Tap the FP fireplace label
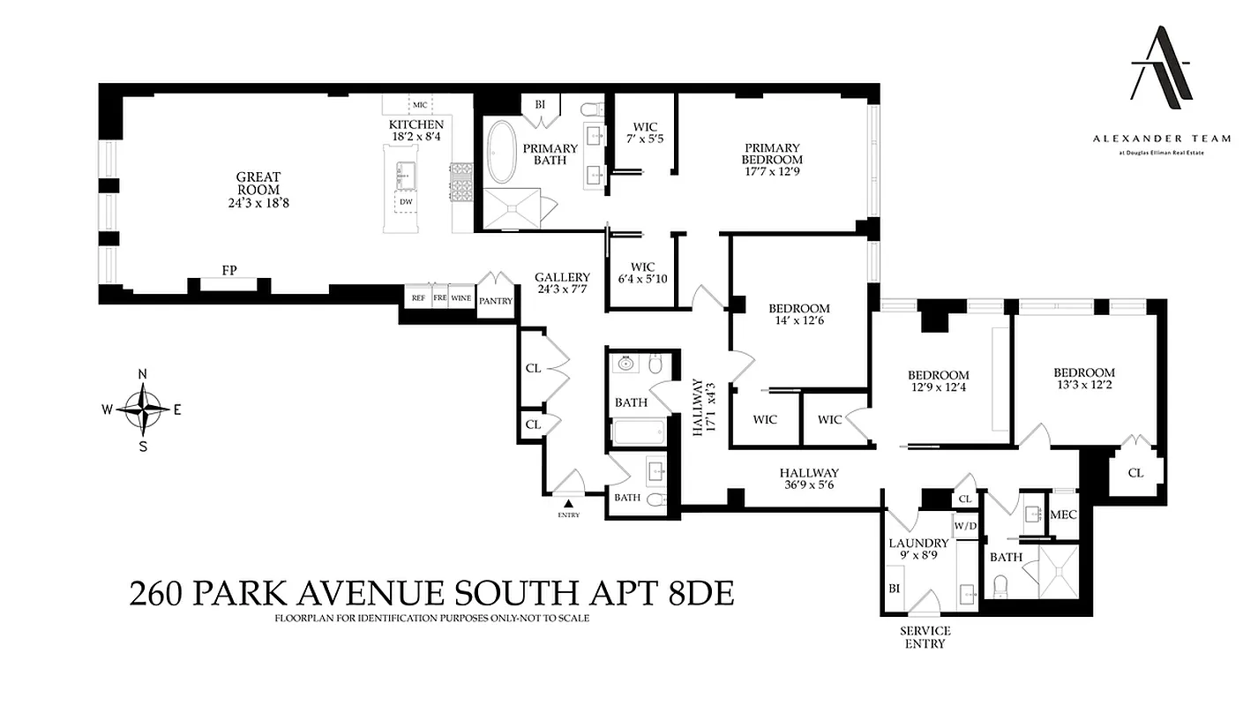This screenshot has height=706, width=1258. coord(229,270)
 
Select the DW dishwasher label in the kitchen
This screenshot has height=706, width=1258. coord(406,202)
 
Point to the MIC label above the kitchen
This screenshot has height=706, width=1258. coord(420,105)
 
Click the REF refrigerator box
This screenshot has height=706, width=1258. coord(418,298)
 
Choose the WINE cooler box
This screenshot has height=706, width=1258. coord(461,298)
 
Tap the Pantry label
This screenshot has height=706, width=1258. coord(495,301)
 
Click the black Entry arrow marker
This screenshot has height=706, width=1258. coord(567,503)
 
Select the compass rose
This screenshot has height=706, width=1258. coord(143,409)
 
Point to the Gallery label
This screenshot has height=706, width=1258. coord(562,277)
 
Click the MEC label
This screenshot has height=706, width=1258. coord(1064,514)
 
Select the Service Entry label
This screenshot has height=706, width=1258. coord(925,637)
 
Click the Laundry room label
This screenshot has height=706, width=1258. coord(918,543)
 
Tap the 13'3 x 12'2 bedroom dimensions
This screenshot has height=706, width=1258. coord(1083,386)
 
